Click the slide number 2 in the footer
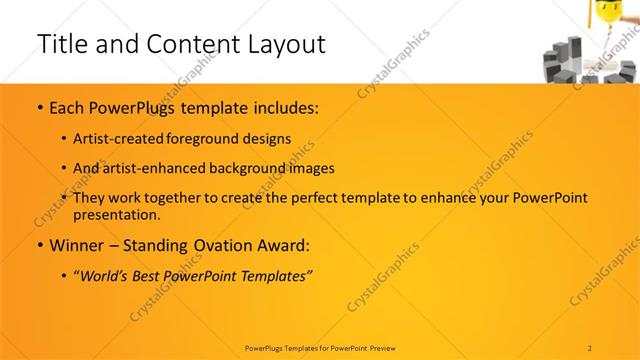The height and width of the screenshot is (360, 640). (x=590, y=347)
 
